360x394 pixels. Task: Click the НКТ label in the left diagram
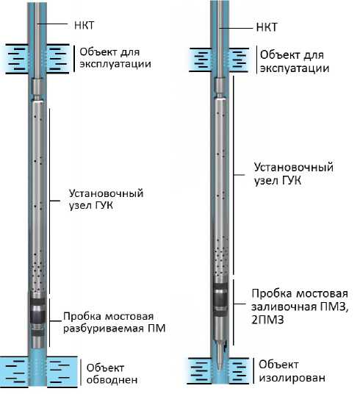(84, 26)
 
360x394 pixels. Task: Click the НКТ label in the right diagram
(266, 27)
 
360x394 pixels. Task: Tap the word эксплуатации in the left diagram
(115, 64)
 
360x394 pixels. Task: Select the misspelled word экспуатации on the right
(295, 68)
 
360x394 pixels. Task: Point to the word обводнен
(112, 380)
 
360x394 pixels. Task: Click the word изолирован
(292, 378)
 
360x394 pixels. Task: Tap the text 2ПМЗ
(267, 320)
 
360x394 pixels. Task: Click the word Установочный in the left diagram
(107, 193)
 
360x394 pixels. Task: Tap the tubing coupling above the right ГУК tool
(220, 87)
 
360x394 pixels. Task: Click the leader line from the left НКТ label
(52, 24)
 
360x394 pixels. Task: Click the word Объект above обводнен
(105, 368)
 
